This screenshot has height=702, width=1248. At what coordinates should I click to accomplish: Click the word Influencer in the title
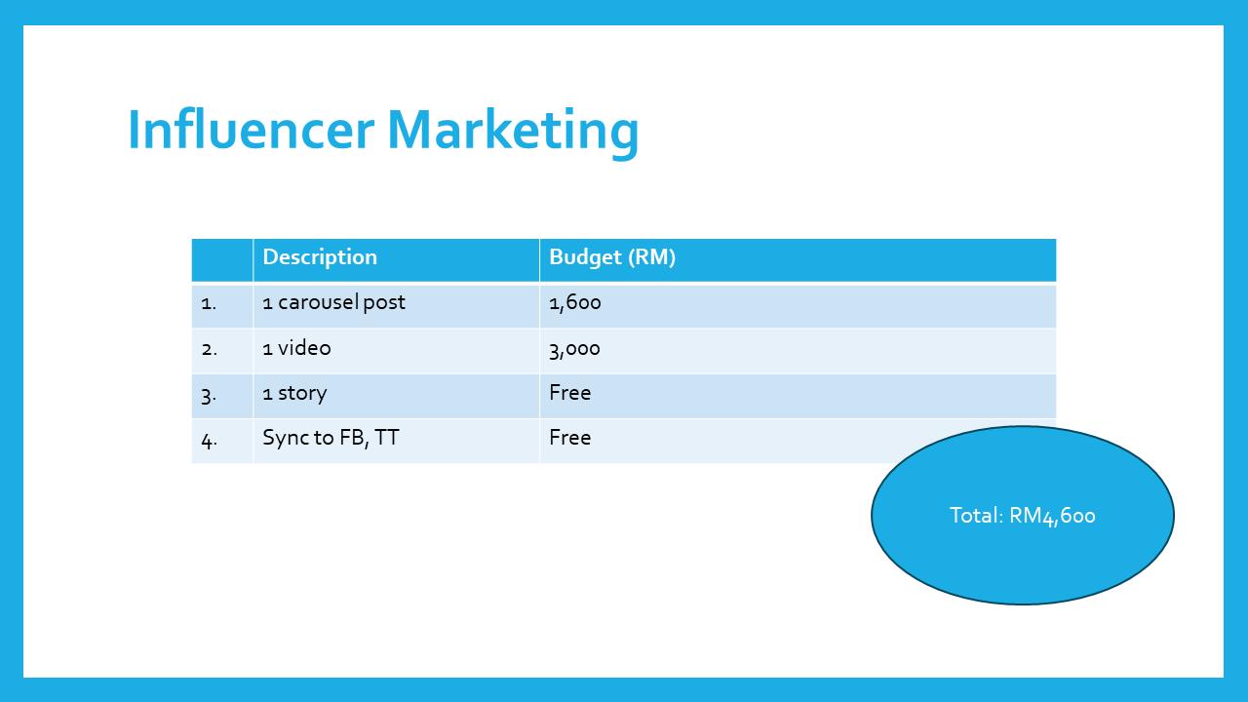(x=252, y=130)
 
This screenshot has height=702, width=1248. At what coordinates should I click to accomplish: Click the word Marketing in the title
(x=513, y=134)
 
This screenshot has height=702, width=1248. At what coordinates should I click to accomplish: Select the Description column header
(x=320, y=256)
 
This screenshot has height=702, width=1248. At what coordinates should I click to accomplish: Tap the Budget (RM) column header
(x=612, y=257)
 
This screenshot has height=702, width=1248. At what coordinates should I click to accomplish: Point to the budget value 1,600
(x=575, y=302)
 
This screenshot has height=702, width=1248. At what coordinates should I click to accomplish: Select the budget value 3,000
(x=574, y=349)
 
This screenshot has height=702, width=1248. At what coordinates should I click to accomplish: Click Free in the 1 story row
(x=570, y=392)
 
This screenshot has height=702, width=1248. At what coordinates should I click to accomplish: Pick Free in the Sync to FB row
(x=570, y=438)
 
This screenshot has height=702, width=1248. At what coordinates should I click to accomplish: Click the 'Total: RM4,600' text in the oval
(x=1023, y=516)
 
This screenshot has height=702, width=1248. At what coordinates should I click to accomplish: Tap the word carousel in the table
(x=318, y=302)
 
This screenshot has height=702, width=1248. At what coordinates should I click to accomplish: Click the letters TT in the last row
(x=387, y=438)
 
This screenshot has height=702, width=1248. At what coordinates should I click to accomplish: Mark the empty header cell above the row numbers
(x=221, y=260)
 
